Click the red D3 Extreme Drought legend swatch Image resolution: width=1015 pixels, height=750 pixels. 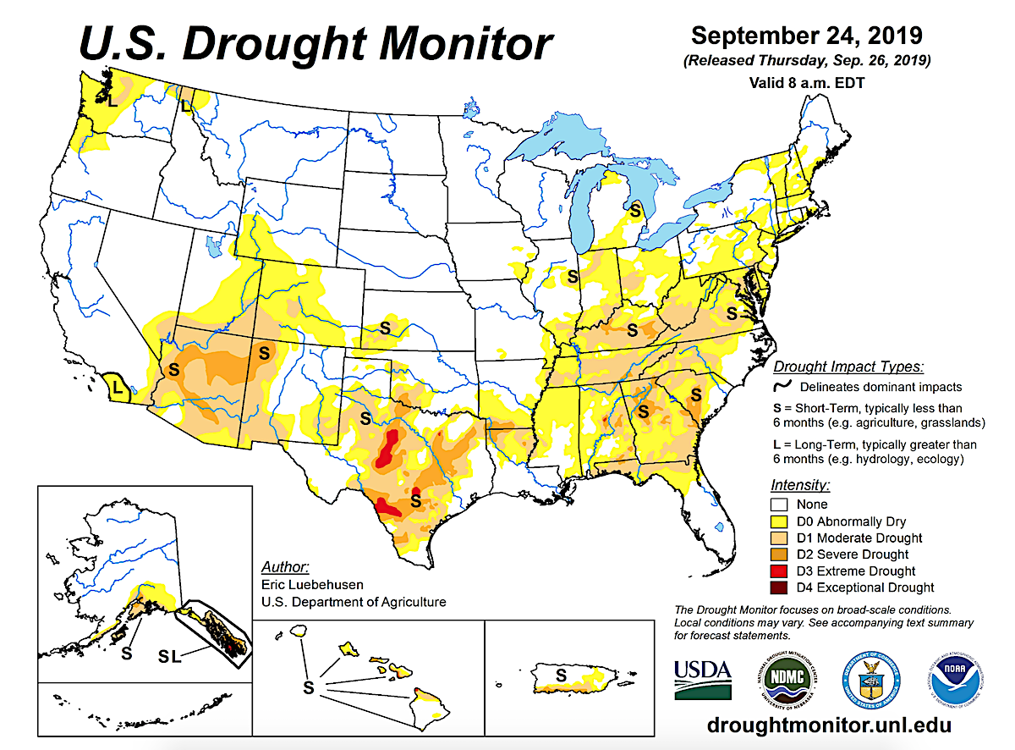[782, 571]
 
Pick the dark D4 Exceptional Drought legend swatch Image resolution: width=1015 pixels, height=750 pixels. [782, 587]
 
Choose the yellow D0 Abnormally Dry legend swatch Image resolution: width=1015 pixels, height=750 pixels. [782, 521]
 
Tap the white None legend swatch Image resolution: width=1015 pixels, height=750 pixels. [782, 505]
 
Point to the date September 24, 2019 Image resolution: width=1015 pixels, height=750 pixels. [806, 36]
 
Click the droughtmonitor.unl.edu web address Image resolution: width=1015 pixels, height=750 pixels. [829, 725]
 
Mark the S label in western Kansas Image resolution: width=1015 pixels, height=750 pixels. [385, 327]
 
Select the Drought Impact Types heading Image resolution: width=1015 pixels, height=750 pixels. [848, 367]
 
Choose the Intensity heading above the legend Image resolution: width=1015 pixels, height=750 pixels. [800, 486]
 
